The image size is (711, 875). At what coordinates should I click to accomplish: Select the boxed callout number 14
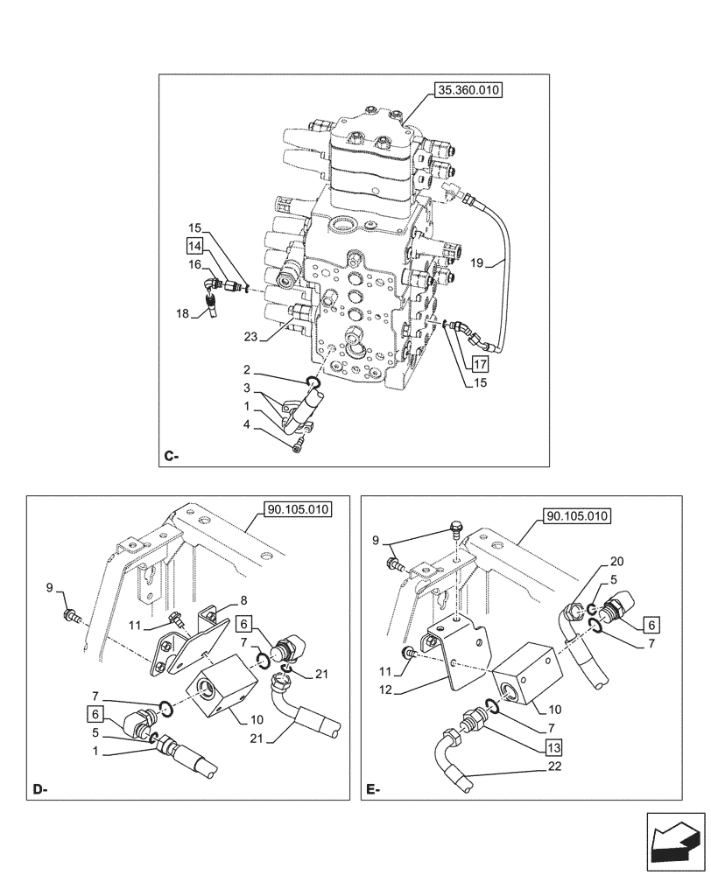tap(194, 246)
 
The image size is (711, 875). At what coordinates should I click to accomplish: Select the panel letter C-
tap(172, 456)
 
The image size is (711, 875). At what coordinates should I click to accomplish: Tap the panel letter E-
tap(374, 790)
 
